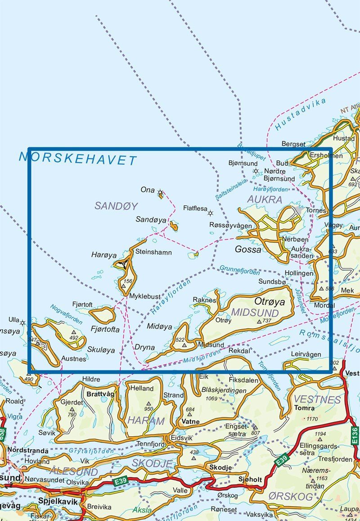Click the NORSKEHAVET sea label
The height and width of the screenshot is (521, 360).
pyautogui.click(x=78, y=159)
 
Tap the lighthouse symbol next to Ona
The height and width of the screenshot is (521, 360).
pyautogui.click(x=160, y=192)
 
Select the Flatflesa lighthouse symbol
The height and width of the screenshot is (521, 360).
pyautogui.click(x=210, y=213)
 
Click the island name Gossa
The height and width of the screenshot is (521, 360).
pyautogui.click(x=247, y=249)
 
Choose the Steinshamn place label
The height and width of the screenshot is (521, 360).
pyautogui.click(x=153, y=252)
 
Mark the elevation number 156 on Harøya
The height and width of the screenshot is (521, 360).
pyautogui.click(x=128, y=281)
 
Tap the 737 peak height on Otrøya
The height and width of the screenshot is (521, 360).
pyautogui.click(x=267, y=321)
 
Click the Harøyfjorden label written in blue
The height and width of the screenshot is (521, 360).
pyautogui.click(x=171, y=297)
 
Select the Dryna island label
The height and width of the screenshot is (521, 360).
pyautogui.click(x=144, y=348)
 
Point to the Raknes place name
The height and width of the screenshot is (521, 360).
pyautogui.click(x=204, y=299)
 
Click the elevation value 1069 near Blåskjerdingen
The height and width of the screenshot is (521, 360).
pyautogui.click(x=211, y=399)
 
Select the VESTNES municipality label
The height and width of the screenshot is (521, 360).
pyautogui.click(x=317, y=399)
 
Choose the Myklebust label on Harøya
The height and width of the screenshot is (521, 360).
pyautogui.click(x=144, y=296)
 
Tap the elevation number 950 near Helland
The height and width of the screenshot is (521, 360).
pyautogui.click(x=148, y=409)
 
